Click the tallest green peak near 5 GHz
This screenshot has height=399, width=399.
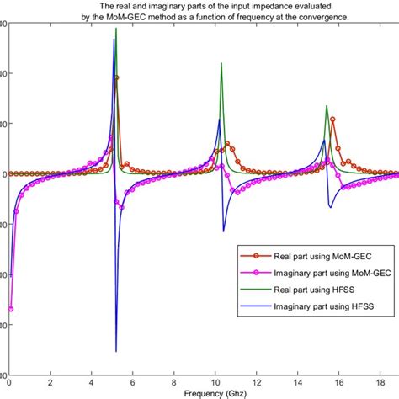point(116,29)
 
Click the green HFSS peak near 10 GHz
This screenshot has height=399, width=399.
point(221,63)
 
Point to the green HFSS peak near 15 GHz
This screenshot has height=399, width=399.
point(327,106)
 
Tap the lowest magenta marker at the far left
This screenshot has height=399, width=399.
point(11,309)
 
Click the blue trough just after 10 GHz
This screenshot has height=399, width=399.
point(223,231)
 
